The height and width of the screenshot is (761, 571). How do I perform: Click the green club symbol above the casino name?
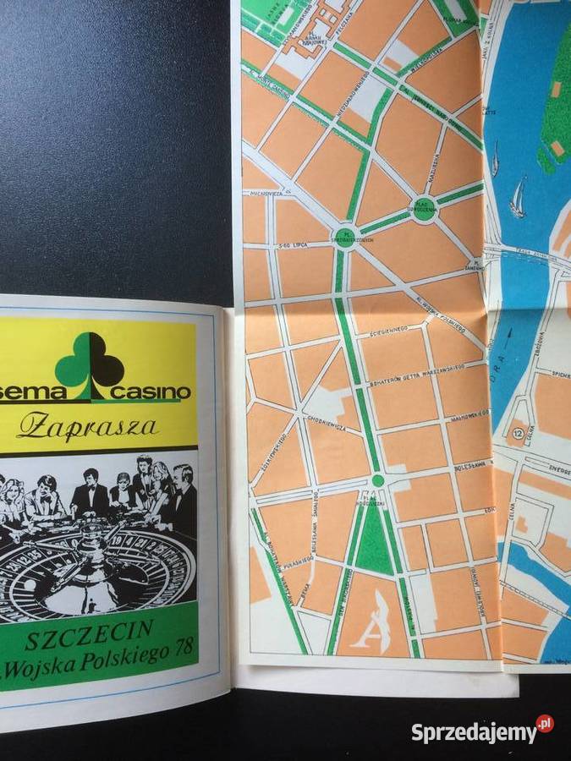click(x=89, y=360)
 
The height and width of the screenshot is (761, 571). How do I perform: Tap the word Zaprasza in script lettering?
click(x=87, y=426)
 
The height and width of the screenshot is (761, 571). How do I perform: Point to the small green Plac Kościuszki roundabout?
click(x=377, y=480)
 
